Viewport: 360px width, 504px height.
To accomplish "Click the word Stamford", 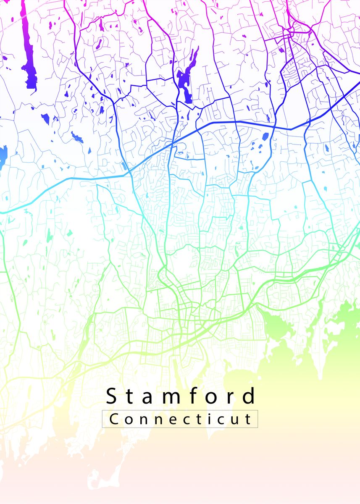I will click(x=181, y=396).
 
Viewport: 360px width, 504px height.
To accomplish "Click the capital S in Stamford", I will click(x=111, y=396).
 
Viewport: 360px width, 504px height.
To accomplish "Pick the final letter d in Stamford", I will click(x=250, y=396).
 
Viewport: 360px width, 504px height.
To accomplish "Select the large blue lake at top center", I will click(x=185, y=84).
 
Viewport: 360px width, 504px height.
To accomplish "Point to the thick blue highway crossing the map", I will click(x=235, y=122).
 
